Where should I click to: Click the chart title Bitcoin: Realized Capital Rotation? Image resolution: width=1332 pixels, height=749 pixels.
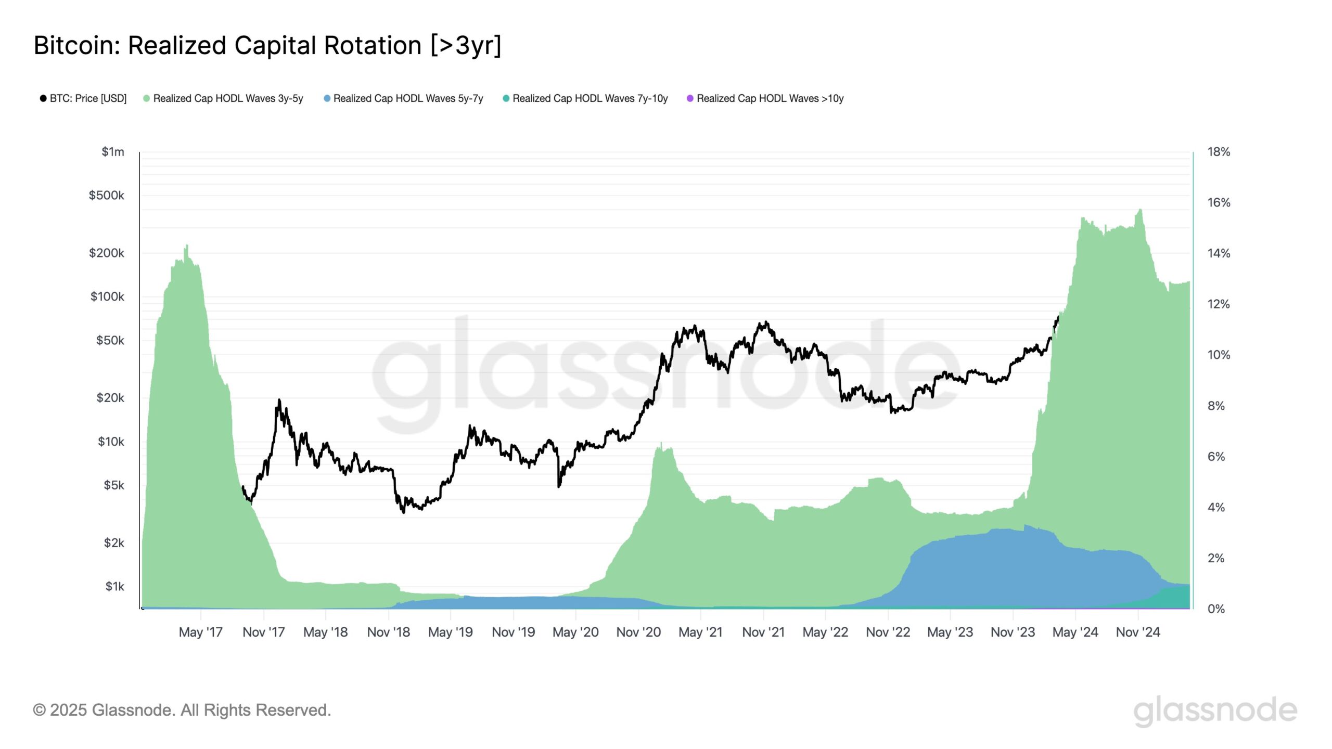click(267, 46)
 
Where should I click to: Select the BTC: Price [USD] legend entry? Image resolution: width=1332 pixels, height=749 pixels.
click(83, 98)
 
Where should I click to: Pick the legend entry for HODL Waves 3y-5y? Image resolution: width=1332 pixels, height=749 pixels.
click(223, 98)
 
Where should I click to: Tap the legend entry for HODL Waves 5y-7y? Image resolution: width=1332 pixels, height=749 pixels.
click(403, 98)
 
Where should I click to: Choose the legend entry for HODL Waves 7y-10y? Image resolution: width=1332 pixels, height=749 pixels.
click(585, 98)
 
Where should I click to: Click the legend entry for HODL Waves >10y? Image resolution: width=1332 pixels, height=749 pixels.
click(765, 98)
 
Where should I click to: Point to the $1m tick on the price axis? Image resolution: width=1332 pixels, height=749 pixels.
click(113, 152)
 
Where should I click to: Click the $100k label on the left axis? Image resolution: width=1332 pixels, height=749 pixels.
click(107, 296)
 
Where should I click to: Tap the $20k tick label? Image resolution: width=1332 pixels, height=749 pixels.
click(110, 398)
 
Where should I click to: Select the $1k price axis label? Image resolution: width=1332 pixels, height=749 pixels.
click(114, 587)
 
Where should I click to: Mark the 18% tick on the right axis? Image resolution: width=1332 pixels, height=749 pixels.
click(1219, 152)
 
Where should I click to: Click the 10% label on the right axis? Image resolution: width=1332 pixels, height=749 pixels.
click(1219, 355)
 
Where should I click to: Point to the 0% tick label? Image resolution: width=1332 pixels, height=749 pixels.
click(1216, 609)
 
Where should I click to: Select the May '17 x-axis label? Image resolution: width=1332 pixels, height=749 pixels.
click(200, 632)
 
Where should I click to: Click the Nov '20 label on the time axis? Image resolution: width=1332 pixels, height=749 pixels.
click(638, 632)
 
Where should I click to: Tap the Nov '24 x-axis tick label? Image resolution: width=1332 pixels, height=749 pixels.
click(1138, 632)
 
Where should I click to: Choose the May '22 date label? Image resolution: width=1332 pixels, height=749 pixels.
click(825, 632)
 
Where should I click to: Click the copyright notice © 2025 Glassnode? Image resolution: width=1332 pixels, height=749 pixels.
click(182, 710)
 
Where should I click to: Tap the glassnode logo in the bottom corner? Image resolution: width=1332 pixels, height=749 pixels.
click(1215, 711)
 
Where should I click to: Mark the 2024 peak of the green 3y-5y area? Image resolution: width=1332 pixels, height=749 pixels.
click(1140, 210)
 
